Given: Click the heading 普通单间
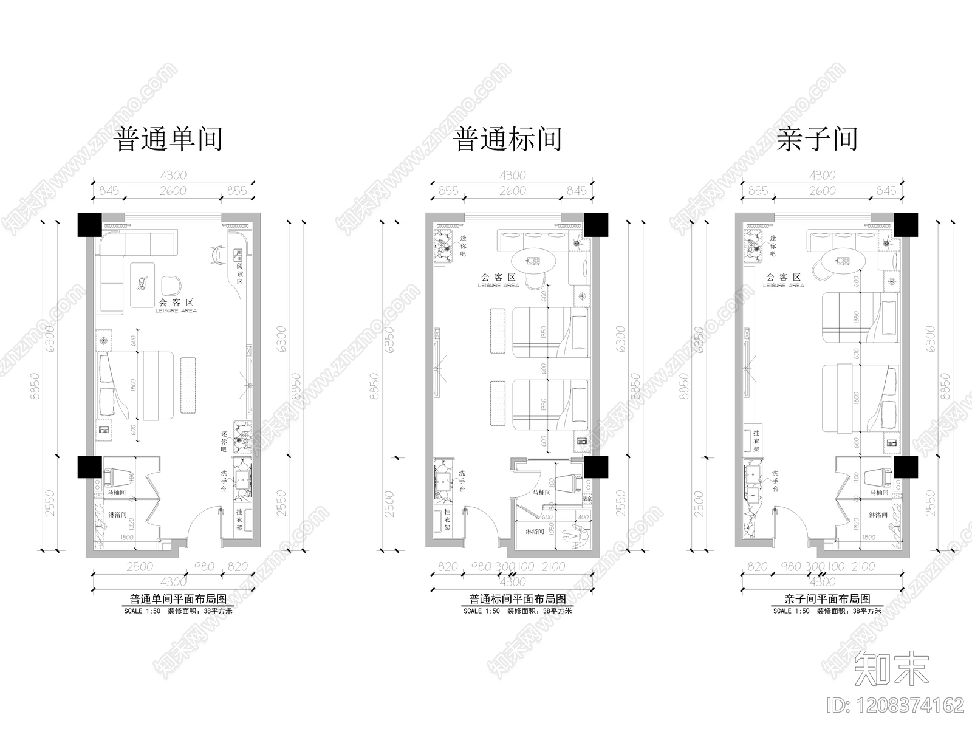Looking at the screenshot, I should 168,139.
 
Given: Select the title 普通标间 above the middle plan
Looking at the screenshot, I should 507,139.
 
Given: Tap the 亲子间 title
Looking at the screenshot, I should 817,139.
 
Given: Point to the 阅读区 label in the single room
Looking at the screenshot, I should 240,274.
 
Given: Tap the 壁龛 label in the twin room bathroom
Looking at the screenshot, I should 587,498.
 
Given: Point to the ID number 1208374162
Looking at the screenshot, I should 897,705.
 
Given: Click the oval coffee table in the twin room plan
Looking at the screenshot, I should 533,262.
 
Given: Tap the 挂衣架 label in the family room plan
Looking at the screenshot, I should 756,440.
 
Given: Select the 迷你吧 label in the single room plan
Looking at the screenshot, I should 224,442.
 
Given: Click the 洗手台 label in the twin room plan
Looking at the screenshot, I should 462,481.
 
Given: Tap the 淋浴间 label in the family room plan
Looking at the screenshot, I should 878,515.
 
